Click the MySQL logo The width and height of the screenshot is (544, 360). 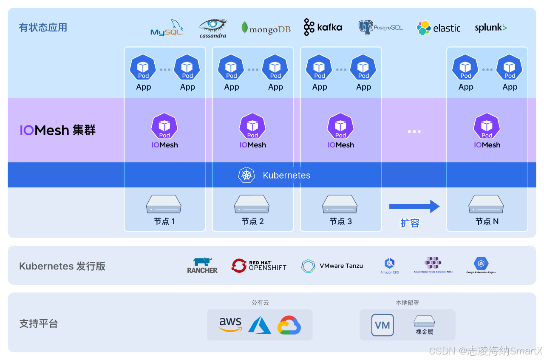[167, 28]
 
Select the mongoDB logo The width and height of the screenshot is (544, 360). [266, 28]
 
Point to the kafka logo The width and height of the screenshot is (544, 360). [323, 27]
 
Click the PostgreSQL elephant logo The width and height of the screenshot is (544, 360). [380, 28]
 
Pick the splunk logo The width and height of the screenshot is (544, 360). [490, 28]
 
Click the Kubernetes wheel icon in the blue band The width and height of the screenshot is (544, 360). [246, 175]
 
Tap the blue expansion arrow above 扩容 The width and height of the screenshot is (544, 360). [414, 207]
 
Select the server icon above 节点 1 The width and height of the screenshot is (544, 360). [164, 204]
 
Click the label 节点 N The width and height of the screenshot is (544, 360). [487, 221]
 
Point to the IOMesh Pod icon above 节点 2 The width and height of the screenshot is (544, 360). [252, 126]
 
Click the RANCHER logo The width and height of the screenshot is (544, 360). [202, 266]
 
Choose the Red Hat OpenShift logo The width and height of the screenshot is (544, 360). [259, 266]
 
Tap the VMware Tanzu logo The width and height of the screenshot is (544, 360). [332, 266]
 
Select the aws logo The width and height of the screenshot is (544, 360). [230, 324]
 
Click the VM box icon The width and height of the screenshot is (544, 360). [382, 325]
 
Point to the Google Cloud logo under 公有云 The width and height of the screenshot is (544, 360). [289, 325]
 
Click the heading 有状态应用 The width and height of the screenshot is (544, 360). [43, 28]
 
